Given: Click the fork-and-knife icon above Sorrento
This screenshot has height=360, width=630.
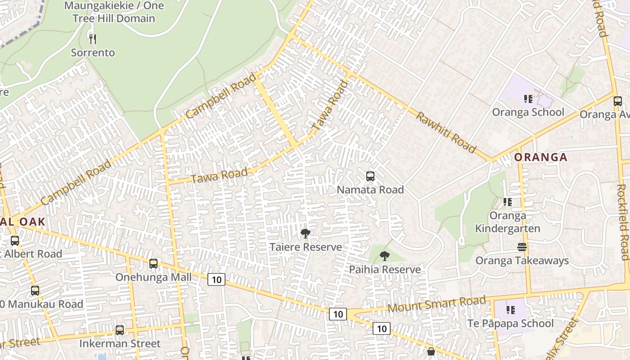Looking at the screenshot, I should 93,39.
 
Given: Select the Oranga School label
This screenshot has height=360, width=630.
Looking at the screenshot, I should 528,112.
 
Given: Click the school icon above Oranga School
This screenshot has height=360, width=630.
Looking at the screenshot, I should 528,99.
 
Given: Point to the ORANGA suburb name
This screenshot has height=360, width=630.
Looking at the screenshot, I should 540,157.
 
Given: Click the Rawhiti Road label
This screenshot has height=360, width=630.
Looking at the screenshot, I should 446,132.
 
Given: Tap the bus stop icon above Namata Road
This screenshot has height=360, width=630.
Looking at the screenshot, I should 370,176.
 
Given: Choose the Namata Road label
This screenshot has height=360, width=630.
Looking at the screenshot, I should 370,190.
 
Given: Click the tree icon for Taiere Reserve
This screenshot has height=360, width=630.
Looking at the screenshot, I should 306,233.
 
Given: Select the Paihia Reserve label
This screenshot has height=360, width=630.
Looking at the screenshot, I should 385,270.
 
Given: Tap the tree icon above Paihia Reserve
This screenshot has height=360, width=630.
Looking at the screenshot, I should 384,256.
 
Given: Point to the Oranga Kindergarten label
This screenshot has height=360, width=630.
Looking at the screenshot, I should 508,222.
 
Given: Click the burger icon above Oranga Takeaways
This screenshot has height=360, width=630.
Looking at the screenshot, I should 522,247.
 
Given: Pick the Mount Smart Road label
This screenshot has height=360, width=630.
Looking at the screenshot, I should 436,305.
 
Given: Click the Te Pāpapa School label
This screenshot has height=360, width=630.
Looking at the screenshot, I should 510,324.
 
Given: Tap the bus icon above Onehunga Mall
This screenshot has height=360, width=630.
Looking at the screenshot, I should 153,263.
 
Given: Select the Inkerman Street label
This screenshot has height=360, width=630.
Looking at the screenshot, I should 120,344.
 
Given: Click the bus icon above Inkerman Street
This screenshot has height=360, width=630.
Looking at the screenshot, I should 120,330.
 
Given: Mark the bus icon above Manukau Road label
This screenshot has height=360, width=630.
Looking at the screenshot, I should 35,291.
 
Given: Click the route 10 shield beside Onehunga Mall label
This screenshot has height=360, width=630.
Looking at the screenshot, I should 216,279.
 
